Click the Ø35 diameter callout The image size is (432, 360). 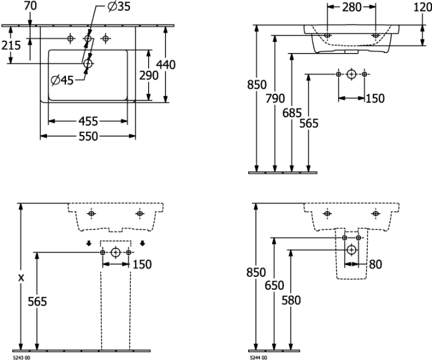(x=118, y=6)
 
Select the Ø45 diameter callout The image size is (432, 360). (x=62, y=80)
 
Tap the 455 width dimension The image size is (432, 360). (x=88, y=121)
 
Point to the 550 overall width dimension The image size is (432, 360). (x=88, y=136)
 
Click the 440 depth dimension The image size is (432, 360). (x=166, y=65)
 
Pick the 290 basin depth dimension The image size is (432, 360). (x=149, y=75)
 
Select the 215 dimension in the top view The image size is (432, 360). (x=11, y=45)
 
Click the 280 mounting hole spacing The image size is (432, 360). (x=352, y=7)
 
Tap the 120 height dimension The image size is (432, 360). (x=423, y=7)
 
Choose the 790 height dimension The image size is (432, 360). (x=275, y=98)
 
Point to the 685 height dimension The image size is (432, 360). (x=292, y=113)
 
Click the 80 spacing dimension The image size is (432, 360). (x=375, y=264)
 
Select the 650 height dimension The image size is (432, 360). (x=275, y=285)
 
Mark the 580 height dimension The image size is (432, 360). (x=291, y=300)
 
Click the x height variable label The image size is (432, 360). (x=21, y=278)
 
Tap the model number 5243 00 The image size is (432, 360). (x=22, y=358)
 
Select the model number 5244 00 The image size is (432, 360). (x=258, y=358)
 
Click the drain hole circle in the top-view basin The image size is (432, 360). (x=88, y=63)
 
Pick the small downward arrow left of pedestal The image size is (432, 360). (x=88, y=243)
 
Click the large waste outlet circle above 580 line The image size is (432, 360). (x=351, y=250)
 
